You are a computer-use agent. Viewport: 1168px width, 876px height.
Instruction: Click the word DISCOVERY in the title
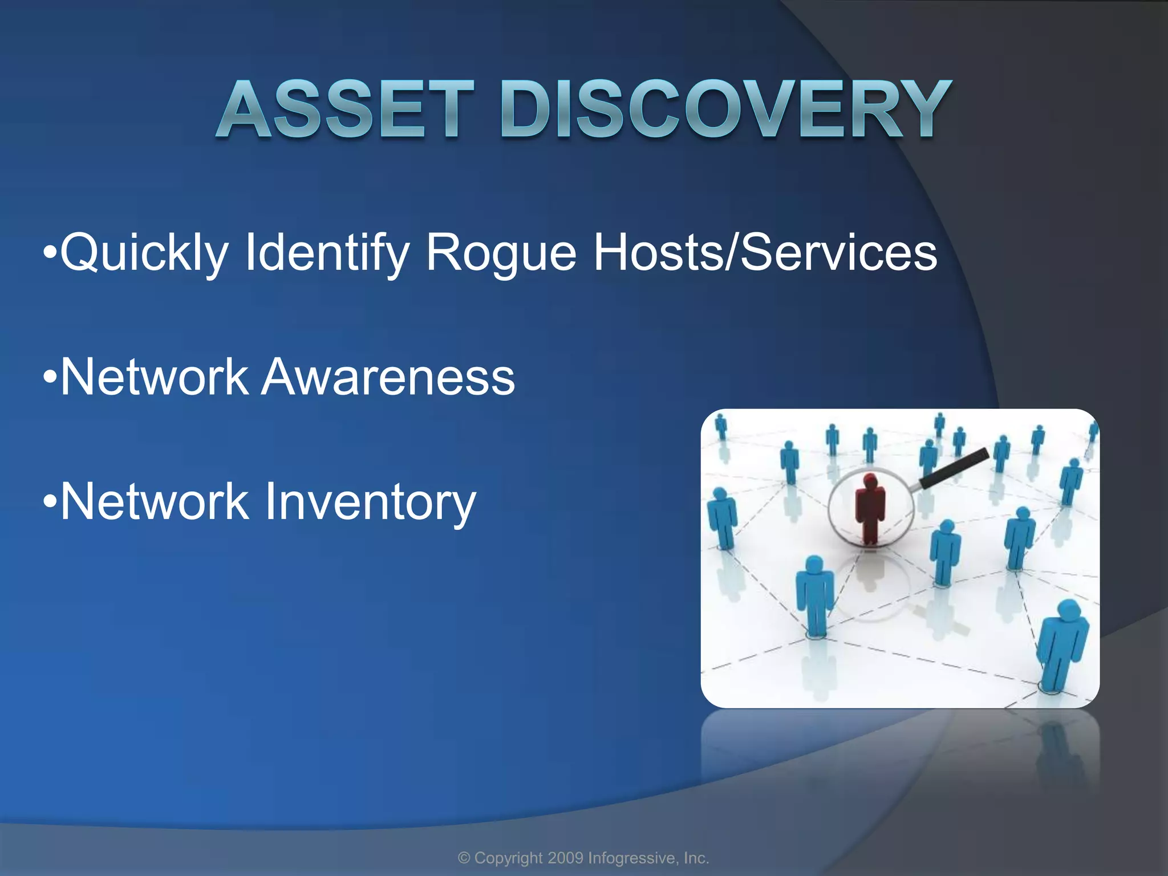coord(725,109)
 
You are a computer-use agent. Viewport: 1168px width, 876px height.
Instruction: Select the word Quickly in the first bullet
coord(144,252)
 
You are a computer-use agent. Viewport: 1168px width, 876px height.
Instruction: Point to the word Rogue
coord(501,252)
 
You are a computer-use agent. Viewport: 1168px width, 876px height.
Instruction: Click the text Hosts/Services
coord(765,252)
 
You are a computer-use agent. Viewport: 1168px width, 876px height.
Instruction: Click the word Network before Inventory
coord(154,502)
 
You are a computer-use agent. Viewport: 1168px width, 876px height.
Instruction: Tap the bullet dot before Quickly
coord(50,252)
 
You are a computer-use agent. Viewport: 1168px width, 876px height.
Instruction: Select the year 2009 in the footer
coord(565,858)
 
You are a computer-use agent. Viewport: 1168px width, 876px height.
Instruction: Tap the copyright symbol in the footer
coord(464,858)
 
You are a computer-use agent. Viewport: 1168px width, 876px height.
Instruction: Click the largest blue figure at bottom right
coord(1062,644)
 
